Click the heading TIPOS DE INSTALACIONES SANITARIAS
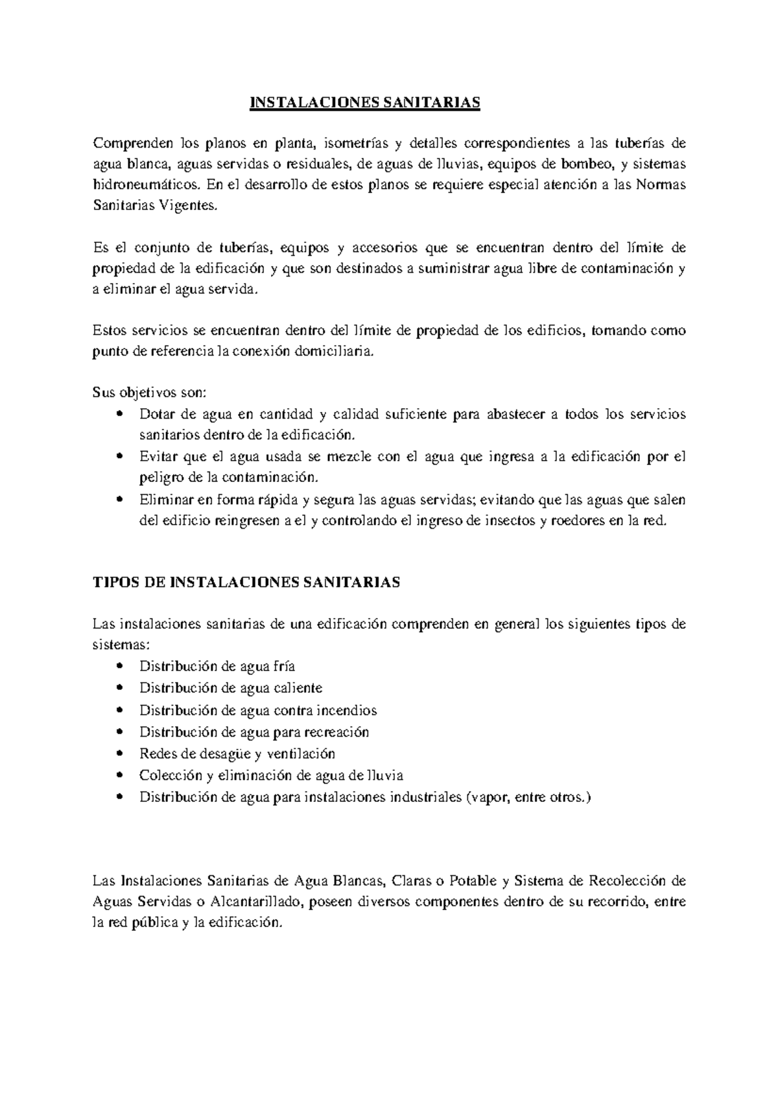point(247,582)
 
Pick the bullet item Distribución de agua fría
point(217,667)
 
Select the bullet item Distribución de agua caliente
point(231,688)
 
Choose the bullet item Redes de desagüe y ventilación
point(237,753)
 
